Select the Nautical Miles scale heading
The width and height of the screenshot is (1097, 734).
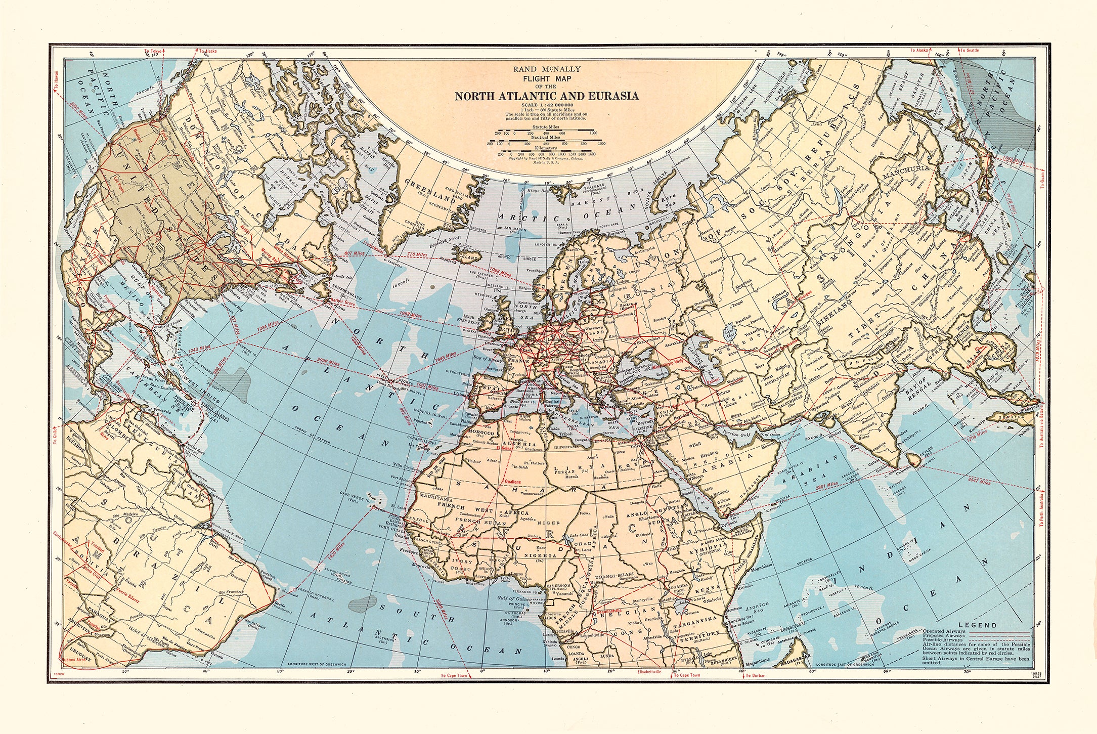click(545, 137)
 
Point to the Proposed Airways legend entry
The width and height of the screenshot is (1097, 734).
click(943, 635)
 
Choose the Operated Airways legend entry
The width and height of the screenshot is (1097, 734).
click(944, 631)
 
